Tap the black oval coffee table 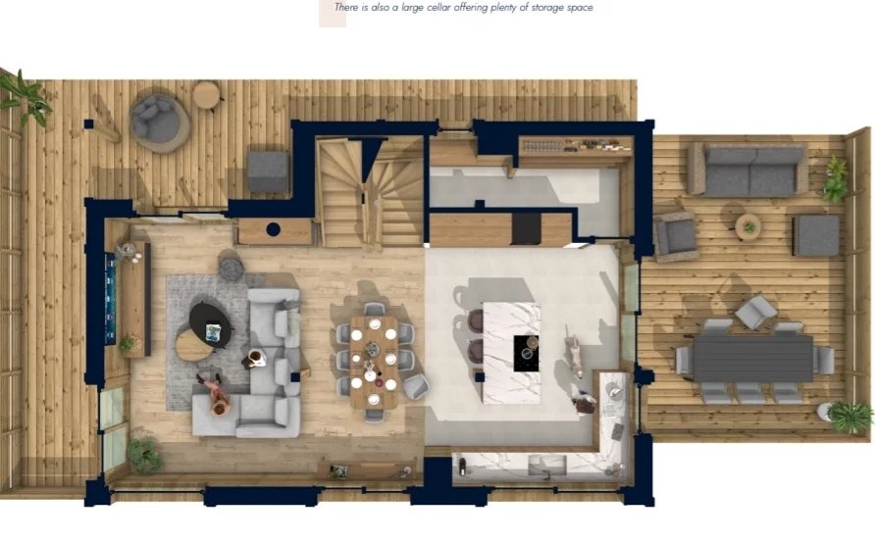click(x=210, y=324)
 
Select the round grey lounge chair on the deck click(x=159, y=123)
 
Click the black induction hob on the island click(x=526, y=353)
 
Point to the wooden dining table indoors click(x=374, y=362)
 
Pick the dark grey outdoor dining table click(x=752, y=358)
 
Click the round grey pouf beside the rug click(x=231, y=270)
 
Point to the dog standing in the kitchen click(x=574, y=353)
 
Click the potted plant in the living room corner click(x=144, y=456)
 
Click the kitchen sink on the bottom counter click(x=547, y=465)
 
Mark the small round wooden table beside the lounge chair click(x=206, y=94)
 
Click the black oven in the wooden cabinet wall click(x=526, y=229)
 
